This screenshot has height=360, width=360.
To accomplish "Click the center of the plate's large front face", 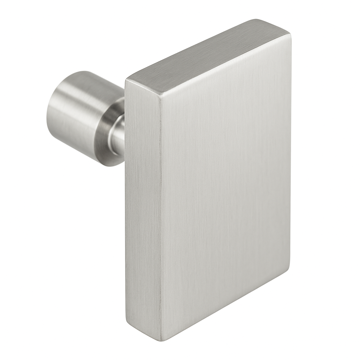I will (225, 190).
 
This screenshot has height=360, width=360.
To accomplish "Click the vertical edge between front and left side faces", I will (161, 218).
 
